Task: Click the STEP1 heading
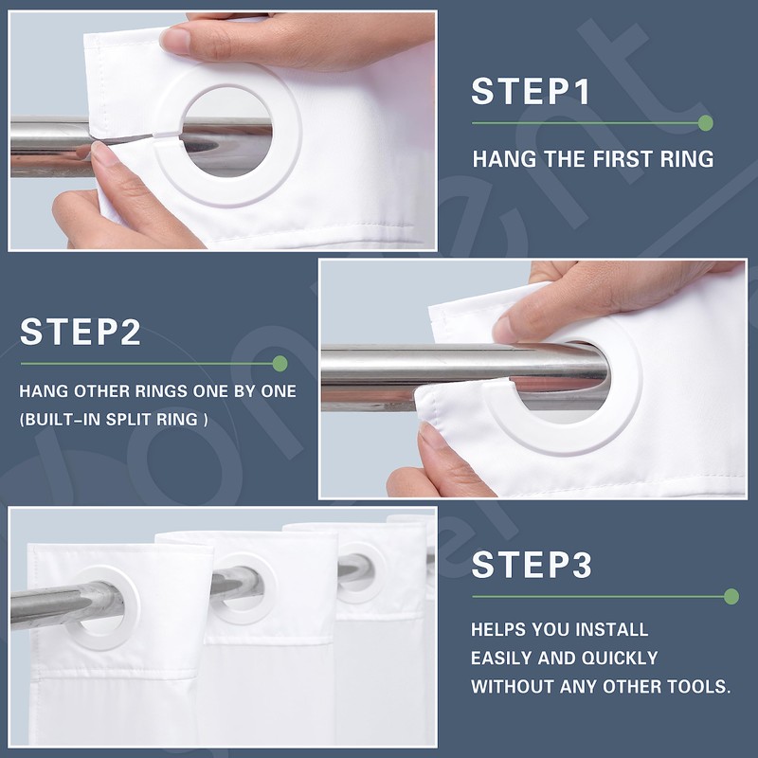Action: pyautogui.click(x=531, y=91)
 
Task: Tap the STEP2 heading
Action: pyautogui.click(x=81, y=332)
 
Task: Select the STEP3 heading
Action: pyautogui.click(x=532, y=565)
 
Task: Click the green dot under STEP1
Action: pyautogui.click(x=705, y=123)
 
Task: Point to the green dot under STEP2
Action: pyautogui.click(x=280, y=364)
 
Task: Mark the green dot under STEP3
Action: pyautogui.click(x=731, y=596)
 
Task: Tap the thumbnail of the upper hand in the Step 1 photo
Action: pyautogui.click(x=175, y=40)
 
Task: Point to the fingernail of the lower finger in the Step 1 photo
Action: pyautogui.click(x=99, y=153)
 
